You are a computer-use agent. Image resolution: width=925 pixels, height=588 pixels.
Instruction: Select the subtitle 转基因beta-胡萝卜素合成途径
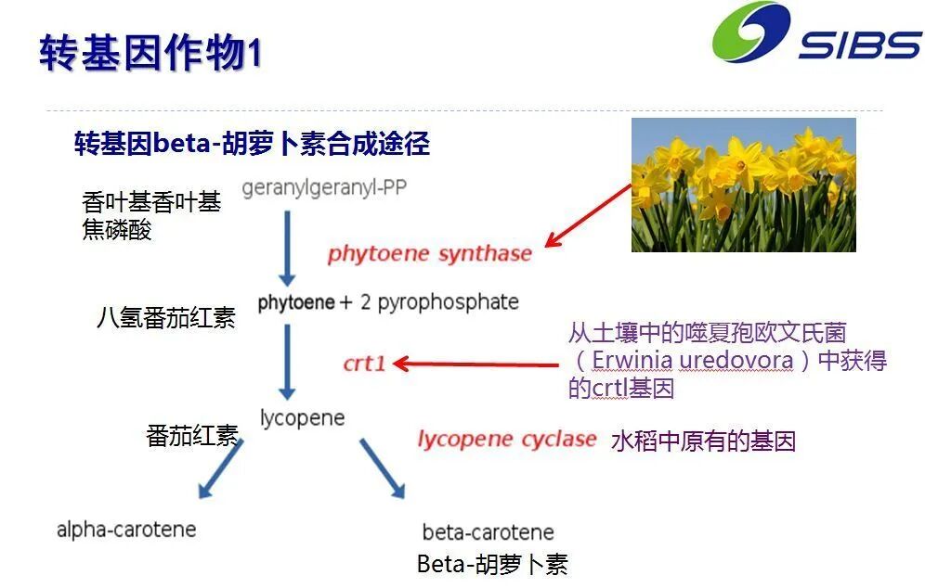(252, 144)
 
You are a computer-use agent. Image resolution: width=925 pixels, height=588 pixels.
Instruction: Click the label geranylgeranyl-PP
(324, 187)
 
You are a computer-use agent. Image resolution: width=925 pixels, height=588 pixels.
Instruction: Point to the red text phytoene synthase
(430, 253)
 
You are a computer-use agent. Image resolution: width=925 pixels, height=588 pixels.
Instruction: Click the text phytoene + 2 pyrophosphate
(388, 302)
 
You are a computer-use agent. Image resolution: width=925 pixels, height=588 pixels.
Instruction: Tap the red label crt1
(364, 363)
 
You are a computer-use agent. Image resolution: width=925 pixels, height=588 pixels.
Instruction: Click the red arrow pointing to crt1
(474, 363)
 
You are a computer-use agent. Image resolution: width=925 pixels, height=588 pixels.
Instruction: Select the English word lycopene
(302, 417)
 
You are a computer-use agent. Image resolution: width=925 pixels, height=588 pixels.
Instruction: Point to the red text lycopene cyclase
(506, 440)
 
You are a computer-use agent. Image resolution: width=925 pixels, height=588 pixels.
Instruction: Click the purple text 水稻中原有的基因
(703, 441)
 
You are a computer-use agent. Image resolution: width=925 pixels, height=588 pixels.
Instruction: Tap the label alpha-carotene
(126, 530)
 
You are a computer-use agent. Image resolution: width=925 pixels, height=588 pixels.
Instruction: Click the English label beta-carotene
(488, 532)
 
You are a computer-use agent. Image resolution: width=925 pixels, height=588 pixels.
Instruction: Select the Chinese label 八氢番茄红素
(166, 318)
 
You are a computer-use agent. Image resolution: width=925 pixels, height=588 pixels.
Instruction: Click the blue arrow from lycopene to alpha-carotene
(219, 469)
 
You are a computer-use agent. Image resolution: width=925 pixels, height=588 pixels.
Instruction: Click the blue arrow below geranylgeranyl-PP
(287, 248)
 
